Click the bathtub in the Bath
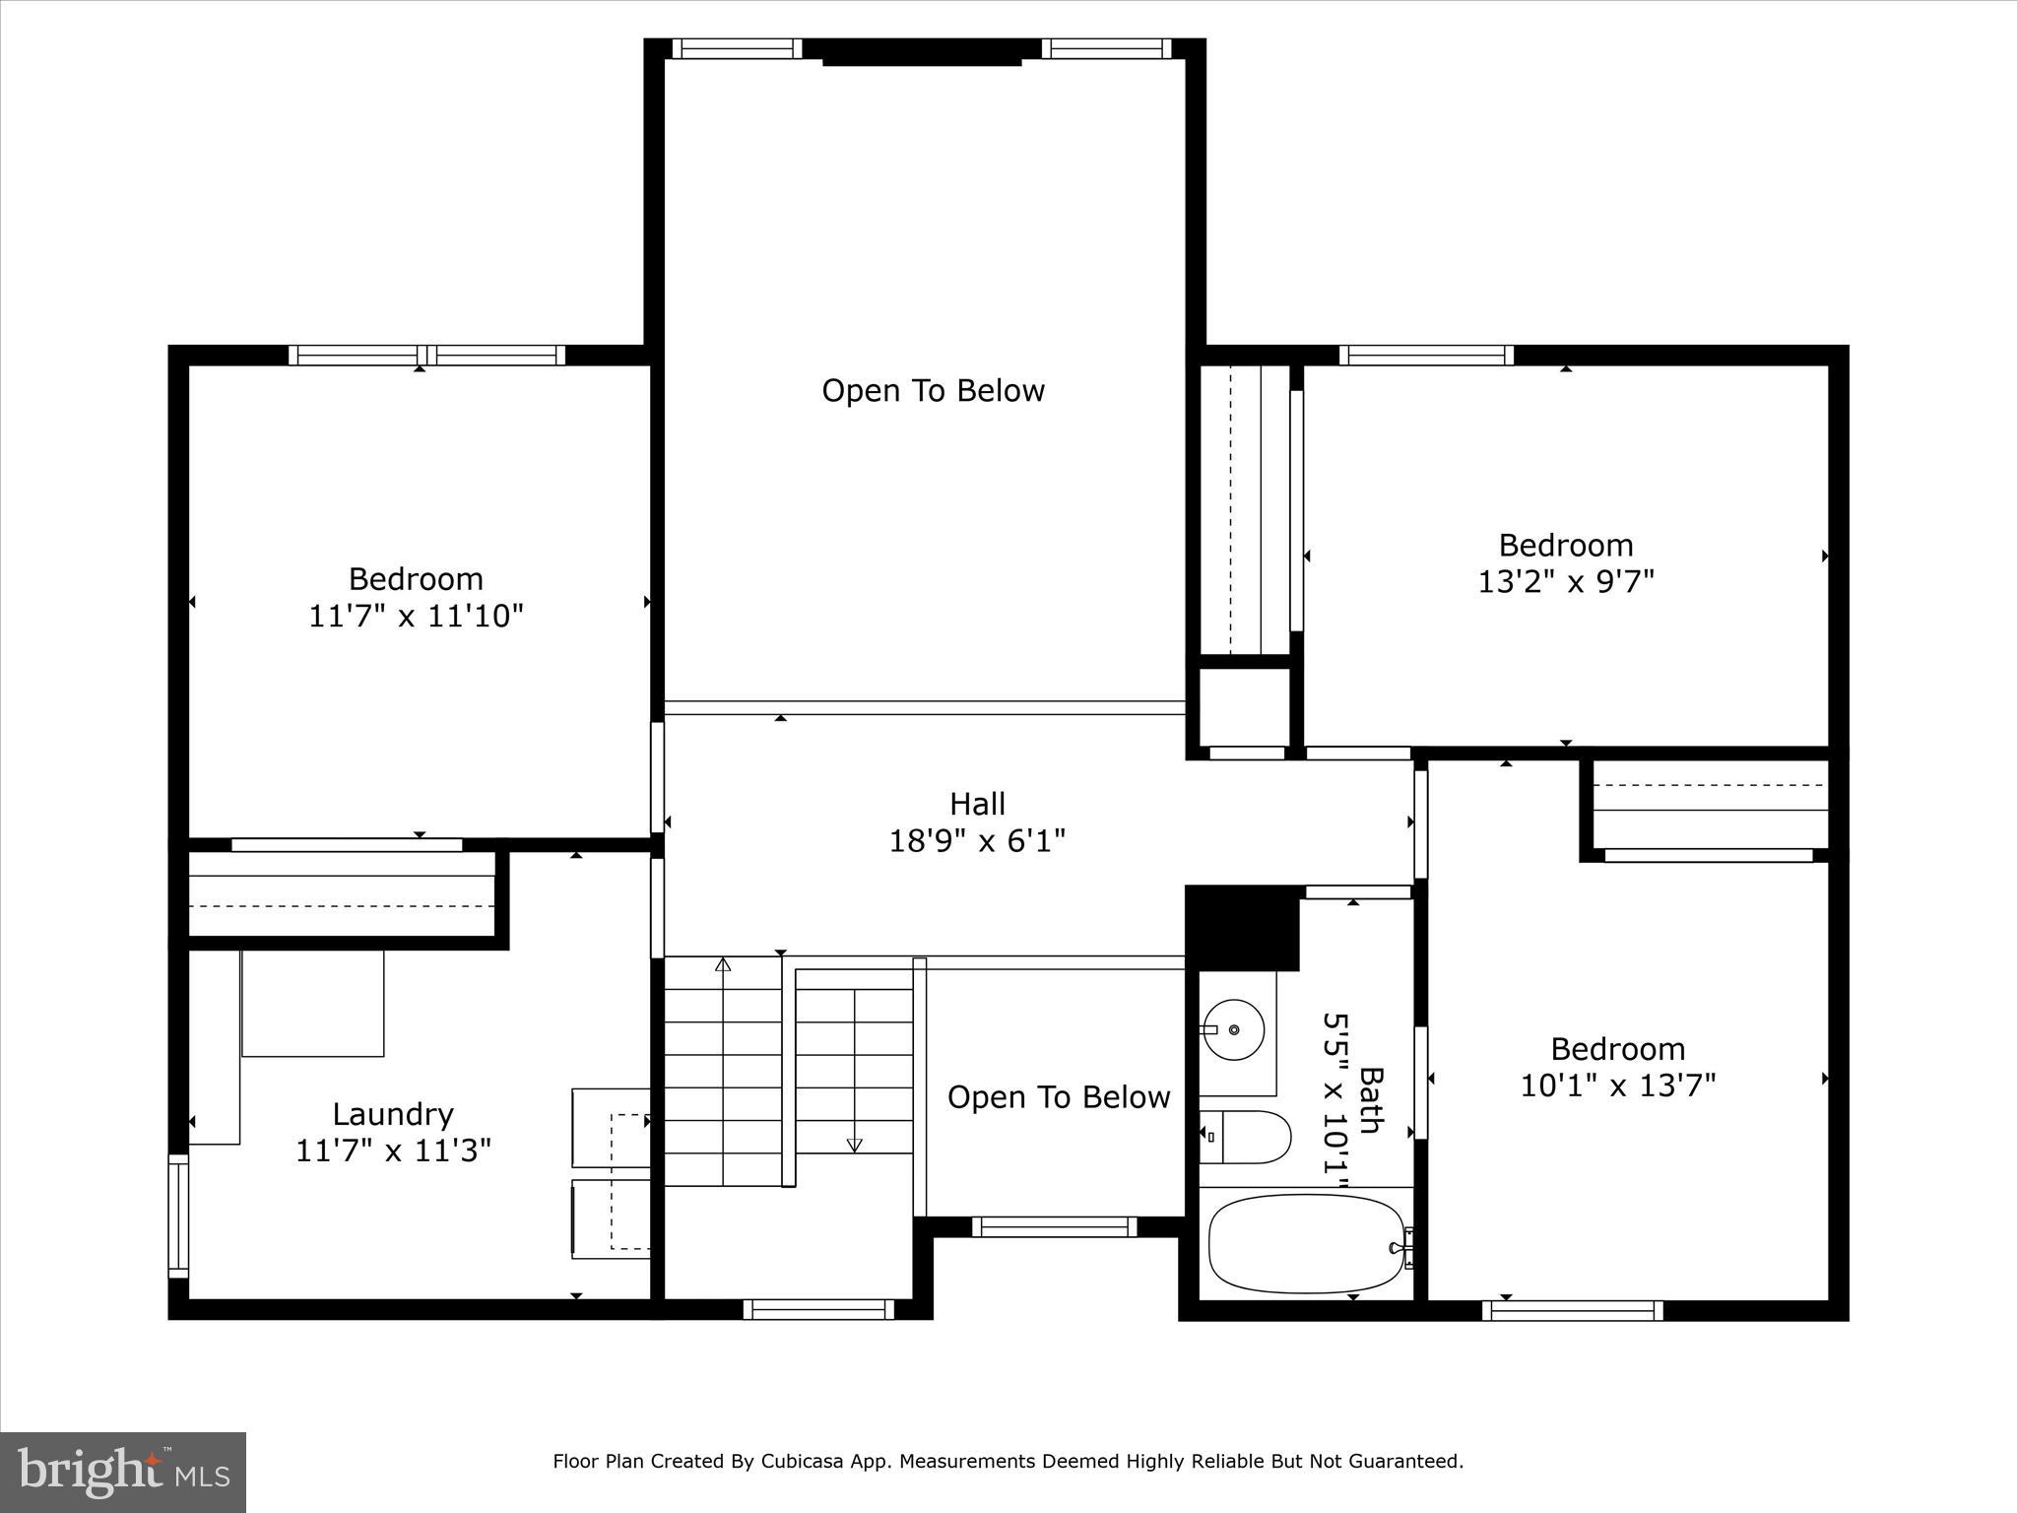point(1306,1243)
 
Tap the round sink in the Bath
point(1235,1029)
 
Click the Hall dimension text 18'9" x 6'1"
point(977,841)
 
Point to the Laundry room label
point(392,1114)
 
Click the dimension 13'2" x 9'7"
point(1565,582)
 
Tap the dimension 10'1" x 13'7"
point(1617,1085)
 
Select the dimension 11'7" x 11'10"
point(416,617)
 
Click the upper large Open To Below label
point(933,391)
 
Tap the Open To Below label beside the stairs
point(1058,1097)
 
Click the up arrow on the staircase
point(723,964)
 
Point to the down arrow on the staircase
point(854,1145)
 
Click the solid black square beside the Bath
point(1241,926)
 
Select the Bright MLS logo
point(123,1472)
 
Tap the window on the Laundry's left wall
point(178,1217)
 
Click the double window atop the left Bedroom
point(426,355)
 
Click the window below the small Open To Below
point(1054,1226)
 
